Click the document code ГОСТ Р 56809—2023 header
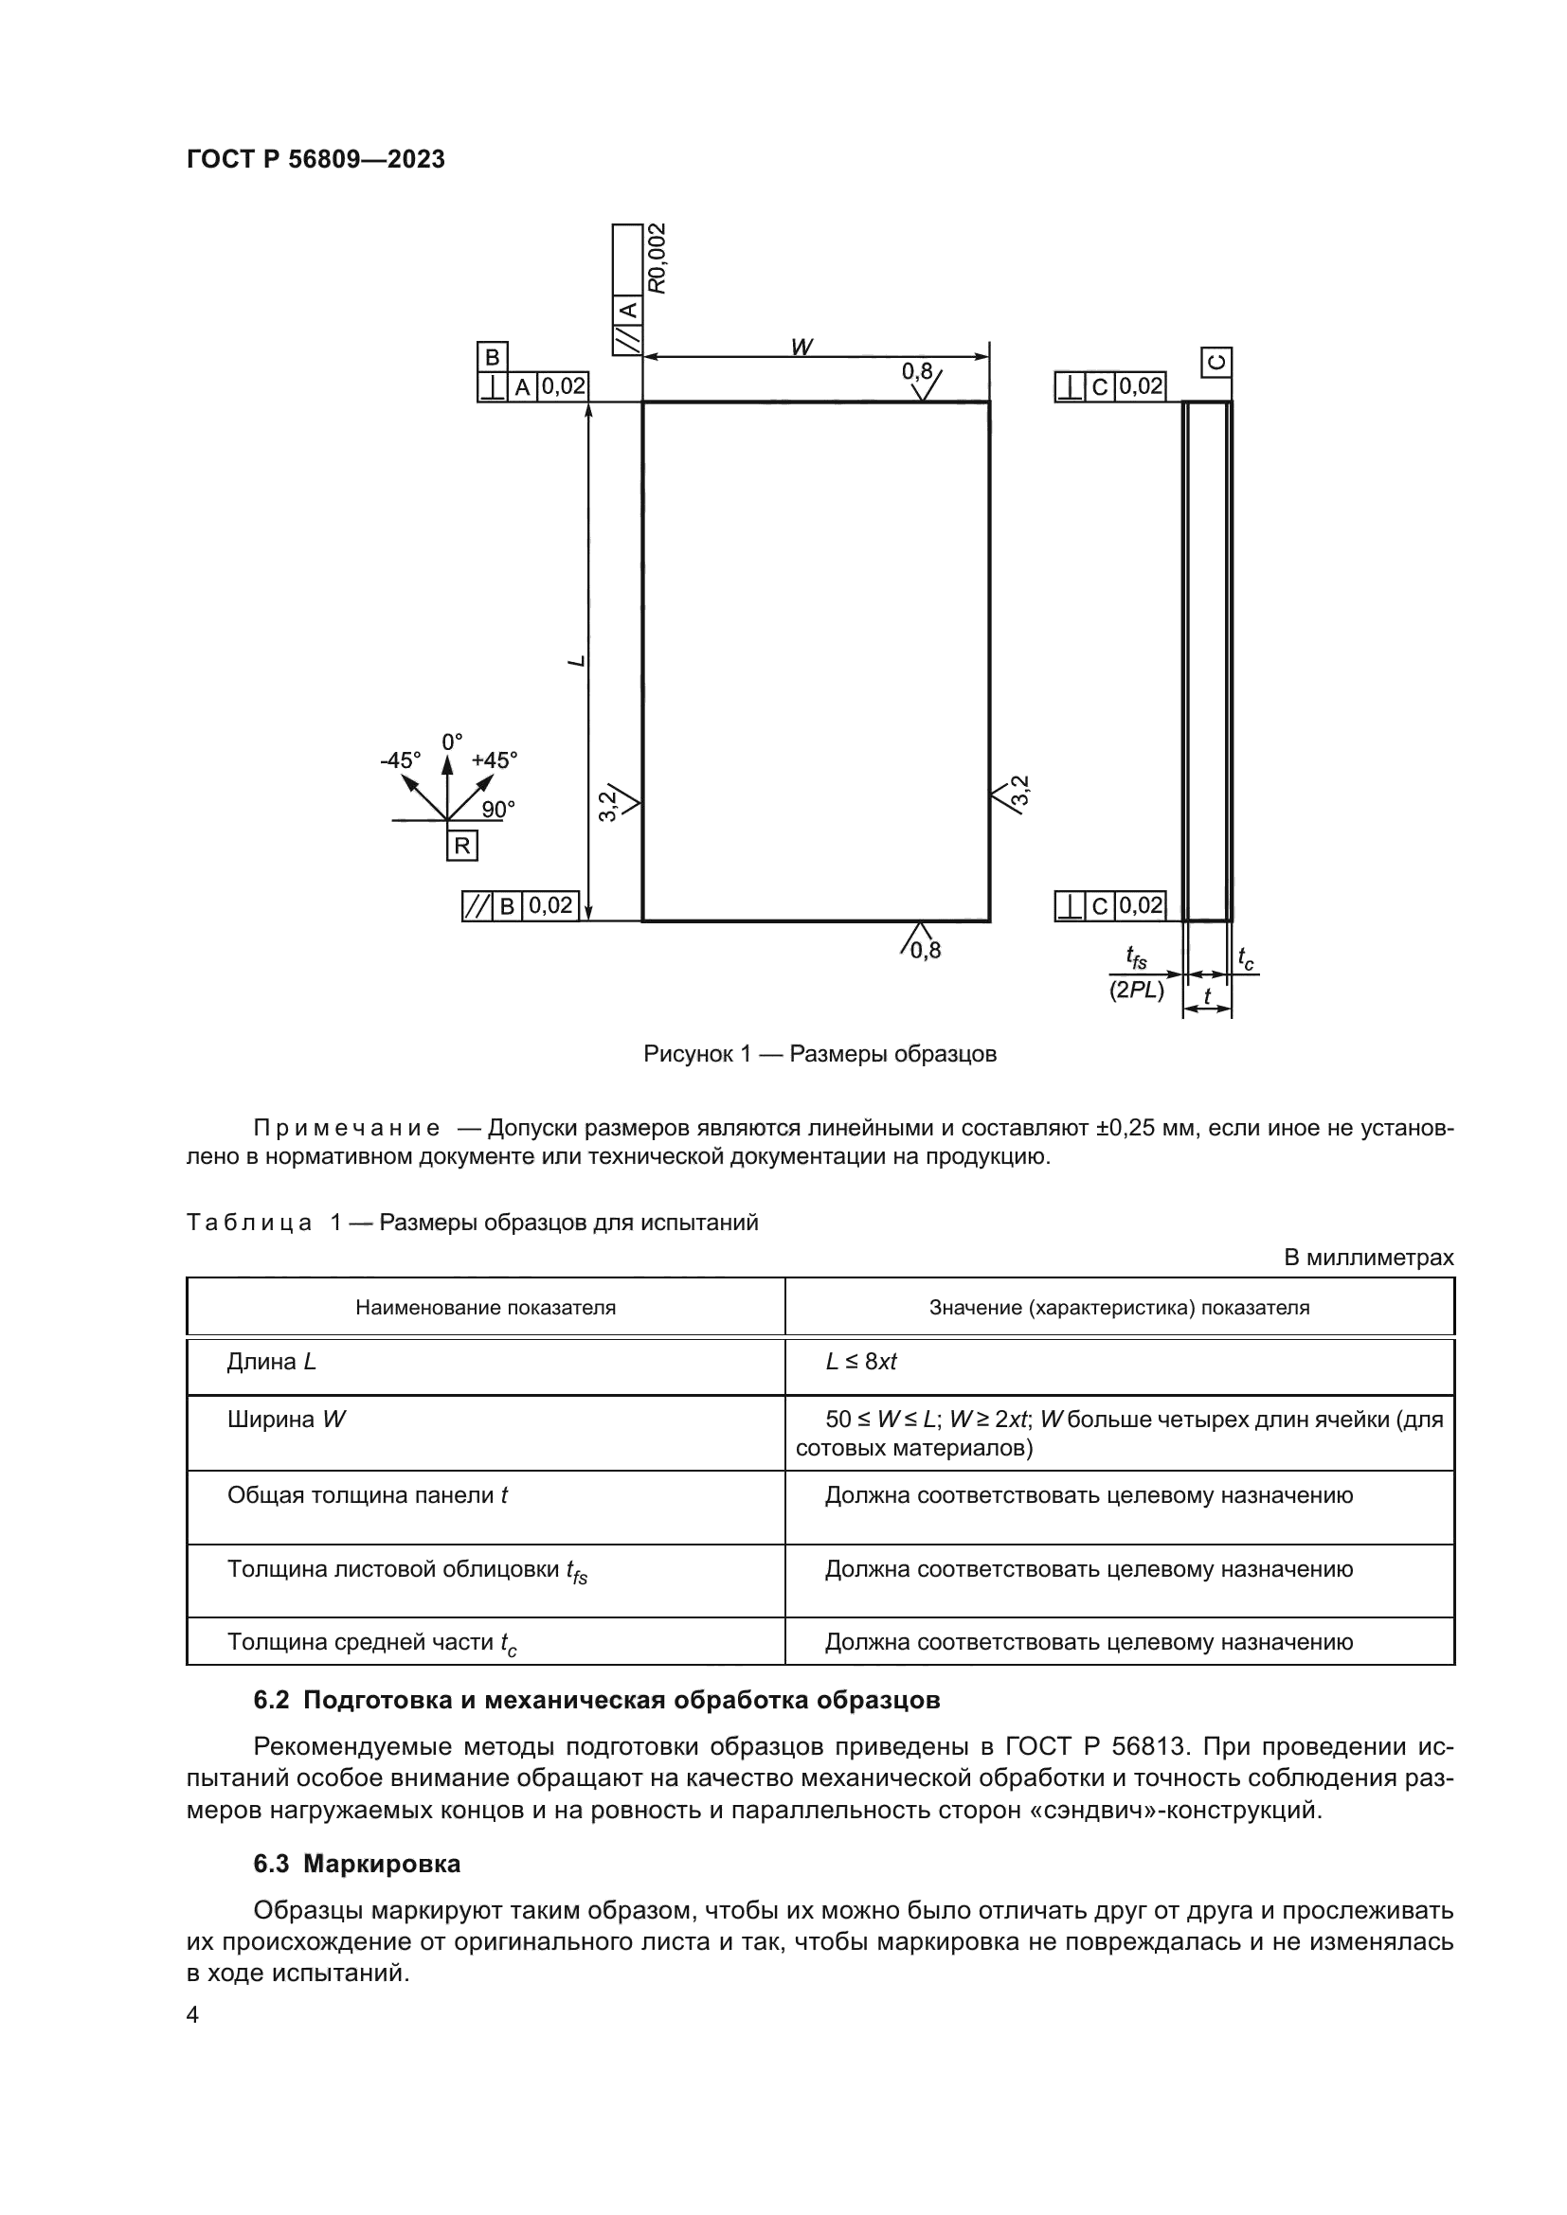pos(315,159)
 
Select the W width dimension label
pos(800,346)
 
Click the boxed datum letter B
pos(492,357)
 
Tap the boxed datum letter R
pos(462,846)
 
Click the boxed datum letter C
pos(1216,362)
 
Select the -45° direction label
pos(401,760)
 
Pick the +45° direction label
pos(494,760)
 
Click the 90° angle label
pos(498,810)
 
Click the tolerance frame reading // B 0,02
pos(520,906)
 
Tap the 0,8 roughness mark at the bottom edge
pos(925,950)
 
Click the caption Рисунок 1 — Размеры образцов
pos(820,1053)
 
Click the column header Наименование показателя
pos(485,1307)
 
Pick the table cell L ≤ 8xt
pos(860,1361)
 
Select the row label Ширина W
pos(286,1420)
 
